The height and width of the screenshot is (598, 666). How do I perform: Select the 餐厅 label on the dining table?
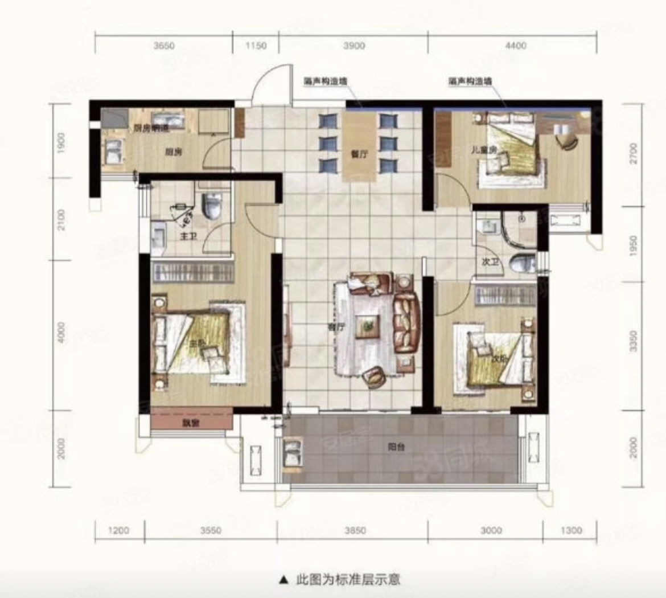click(359, 154)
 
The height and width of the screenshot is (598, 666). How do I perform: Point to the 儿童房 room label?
click(485, 150)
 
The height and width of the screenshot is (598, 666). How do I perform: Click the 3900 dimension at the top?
click(353, 46)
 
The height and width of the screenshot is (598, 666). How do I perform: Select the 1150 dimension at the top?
click(256, 46)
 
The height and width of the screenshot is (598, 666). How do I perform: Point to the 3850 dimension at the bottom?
click(353, 530)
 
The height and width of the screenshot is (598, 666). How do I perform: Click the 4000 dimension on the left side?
click(61, 333)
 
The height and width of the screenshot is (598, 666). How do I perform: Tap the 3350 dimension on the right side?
click(634, 340)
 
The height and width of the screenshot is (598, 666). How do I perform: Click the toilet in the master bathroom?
click(211, 206)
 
